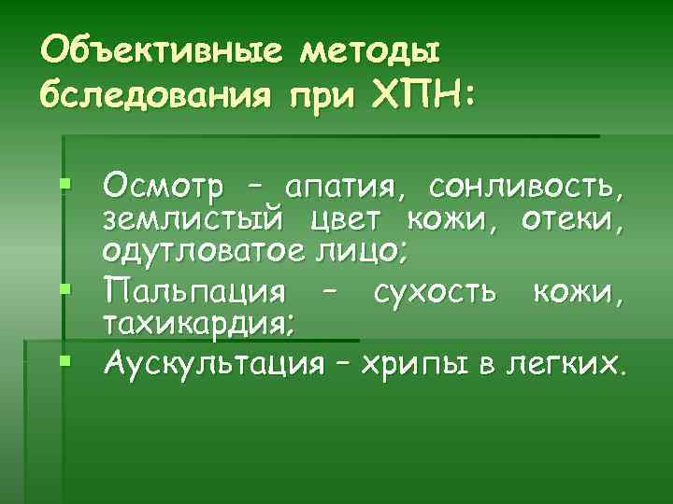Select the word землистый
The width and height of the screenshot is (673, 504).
pos(193,220)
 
